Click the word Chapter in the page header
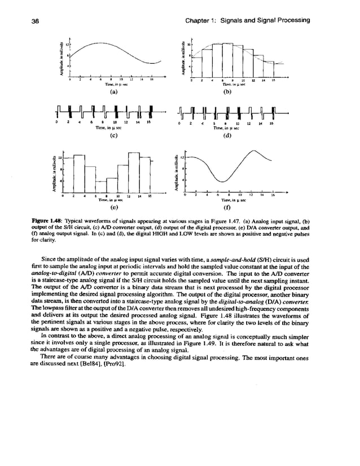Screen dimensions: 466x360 pyautogui.click(x=203, y=21)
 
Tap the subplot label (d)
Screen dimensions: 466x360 pyautogui.click(x=228, y=135)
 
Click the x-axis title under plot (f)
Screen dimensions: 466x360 pyautogui.click(x=232, y=200)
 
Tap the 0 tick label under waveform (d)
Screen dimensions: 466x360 pyautogui.click(x=179, y=123)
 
